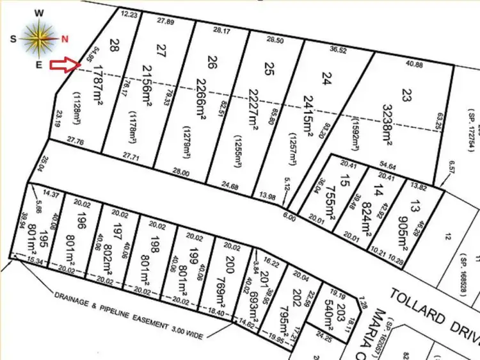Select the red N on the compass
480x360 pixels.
(65, 38)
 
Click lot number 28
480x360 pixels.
(115, 44)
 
